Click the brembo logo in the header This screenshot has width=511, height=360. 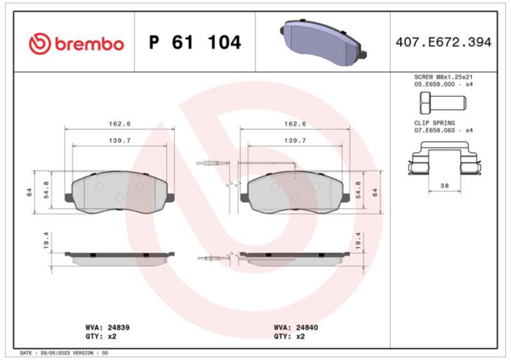(76, 43)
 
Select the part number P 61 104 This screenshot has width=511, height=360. (195, 42)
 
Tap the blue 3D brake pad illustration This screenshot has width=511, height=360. (323, 42)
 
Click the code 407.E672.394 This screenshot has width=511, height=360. (443, 42)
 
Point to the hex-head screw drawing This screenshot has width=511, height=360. (443, 103)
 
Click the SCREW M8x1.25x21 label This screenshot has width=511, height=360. (443, 77)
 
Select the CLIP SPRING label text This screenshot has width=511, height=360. (434, 123)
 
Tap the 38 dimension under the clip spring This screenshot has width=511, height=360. (445, 186)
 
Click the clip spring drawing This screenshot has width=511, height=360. (445, 158)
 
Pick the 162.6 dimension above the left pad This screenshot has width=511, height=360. (119, 124)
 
